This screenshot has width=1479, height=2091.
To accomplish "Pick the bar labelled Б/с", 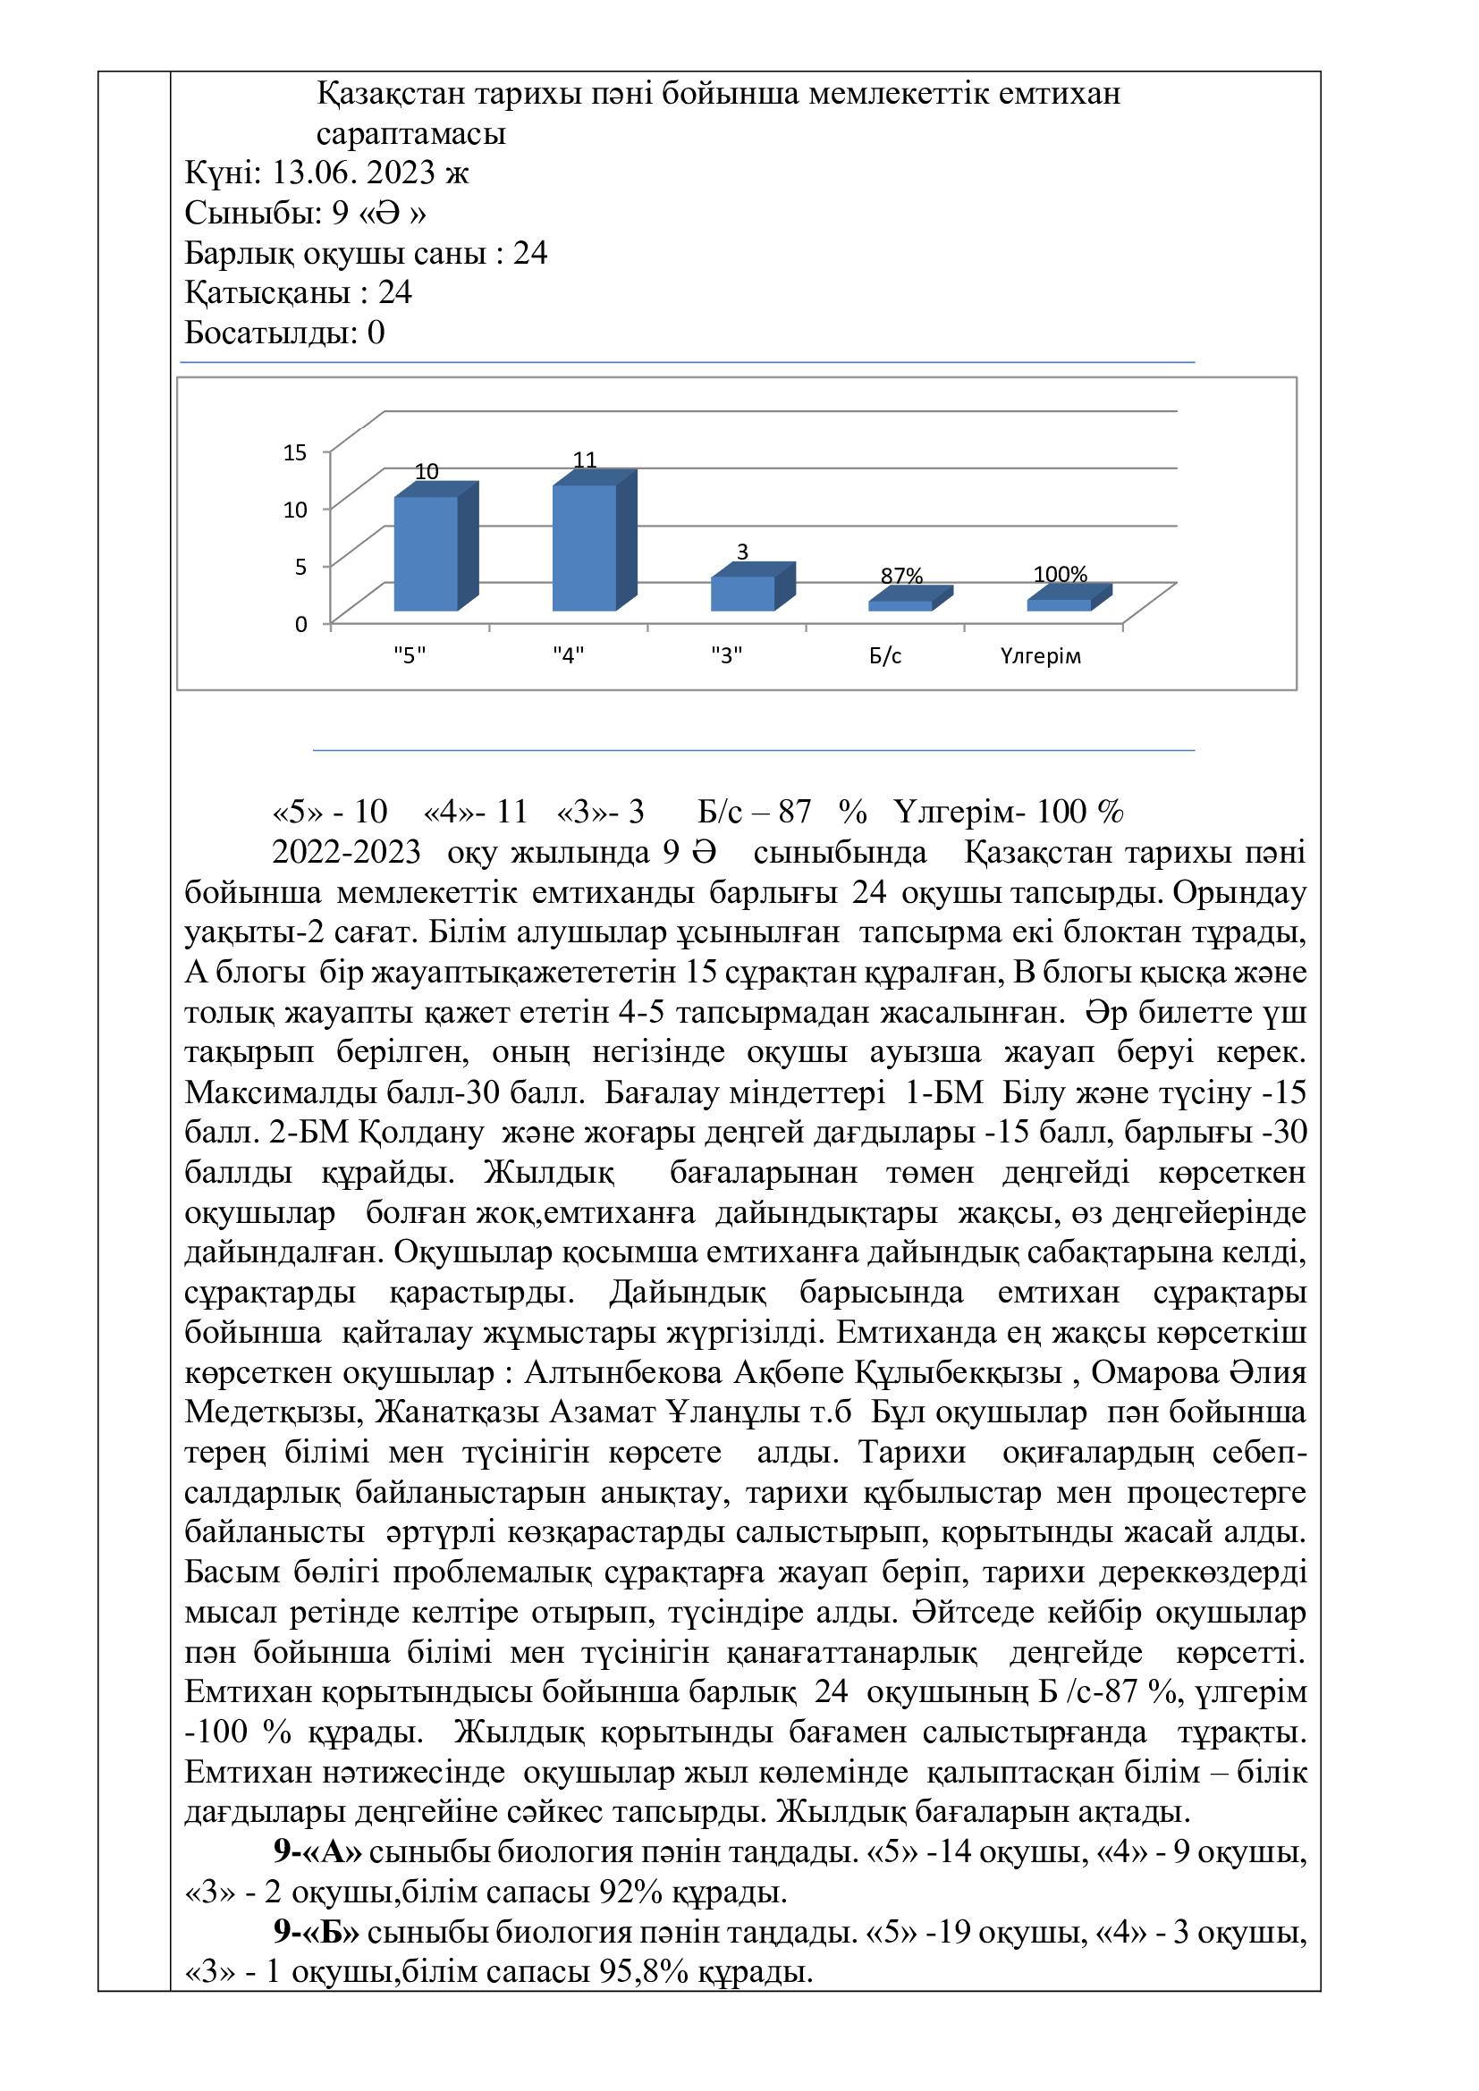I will (x=900, y=604).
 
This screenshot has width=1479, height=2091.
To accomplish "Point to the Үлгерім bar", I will (x=1059, y=603).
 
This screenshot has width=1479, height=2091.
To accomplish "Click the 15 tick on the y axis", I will (x=296, y=451).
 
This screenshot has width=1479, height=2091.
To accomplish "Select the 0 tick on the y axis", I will (x=301, y=625).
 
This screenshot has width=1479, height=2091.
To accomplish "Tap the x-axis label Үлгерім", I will (x=1039, y=657).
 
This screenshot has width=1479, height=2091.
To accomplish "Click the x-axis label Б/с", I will (x=884, y=657).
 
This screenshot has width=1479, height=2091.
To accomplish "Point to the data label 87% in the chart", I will (x=901, y=577).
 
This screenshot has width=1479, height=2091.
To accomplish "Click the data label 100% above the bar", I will (x=1061, y=575).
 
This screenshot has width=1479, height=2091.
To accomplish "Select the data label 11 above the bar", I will (x=585, y=460).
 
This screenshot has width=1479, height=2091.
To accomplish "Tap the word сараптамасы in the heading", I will (x=410, y=133).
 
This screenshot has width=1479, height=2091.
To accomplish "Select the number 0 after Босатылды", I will (x=376, y=333).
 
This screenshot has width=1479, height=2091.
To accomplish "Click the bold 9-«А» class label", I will (x=317, y=1852).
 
